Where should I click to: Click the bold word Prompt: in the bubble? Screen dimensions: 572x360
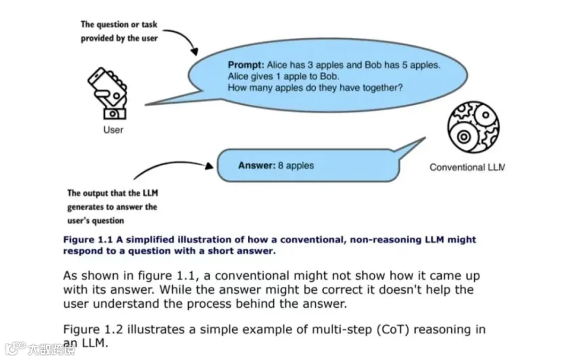246,65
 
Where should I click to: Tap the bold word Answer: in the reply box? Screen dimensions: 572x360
257,165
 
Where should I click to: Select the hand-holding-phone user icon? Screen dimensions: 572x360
107,93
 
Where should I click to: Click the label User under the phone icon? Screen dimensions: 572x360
113,130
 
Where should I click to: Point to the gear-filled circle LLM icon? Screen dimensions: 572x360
473,127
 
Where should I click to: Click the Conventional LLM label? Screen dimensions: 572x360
467,167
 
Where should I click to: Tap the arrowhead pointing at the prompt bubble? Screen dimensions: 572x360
194,51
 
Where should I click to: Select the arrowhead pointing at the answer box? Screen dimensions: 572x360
209,166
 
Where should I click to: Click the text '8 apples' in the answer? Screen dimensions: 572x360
296,166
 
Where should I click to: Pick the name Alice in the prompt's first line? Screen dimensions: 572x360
277,65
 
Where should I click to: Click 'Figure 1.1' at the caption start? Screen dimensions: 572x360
88,240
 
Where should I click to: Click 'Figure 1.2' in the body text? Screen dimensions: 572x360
93,329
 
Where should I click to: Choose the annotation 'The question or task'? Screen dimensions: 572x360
119,25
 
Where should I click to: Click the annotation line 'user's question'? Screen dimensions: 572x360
95,221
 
